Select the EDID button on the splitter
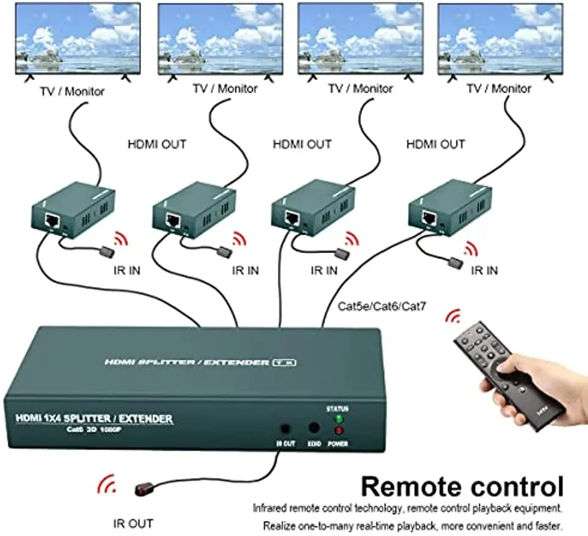pyautogui.click(x=314, y=429)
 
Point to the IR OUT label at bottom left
pyautogui.click(x=133, y=523)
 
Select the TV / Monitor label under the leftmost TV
pyautogui.click(x=73, y=92)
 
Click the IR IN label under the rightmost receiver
pyautogui.click(x=484, y=270)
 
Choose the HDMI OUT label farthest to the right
pyautogui.click(x=435, y=145)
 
